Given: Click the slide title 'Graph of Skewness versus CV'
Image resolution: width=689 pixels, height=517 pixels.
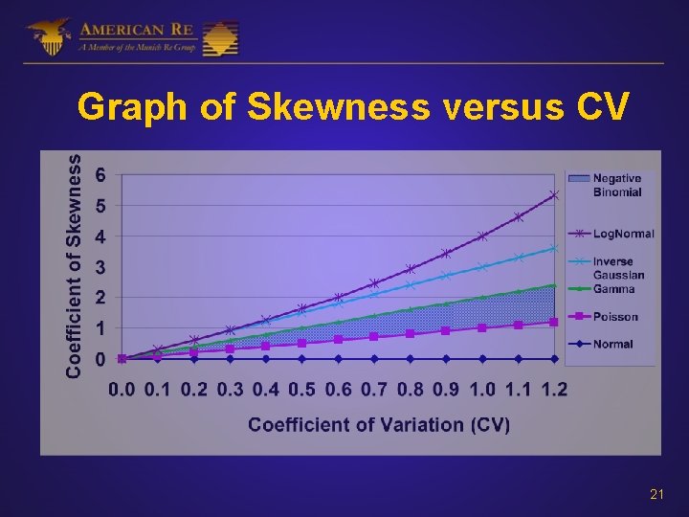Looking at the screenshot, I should pyautogui.click(x=353, y=108).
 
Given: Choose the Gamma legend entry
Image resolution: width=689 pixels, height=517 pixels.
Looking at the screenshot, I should pyautogui.click(x=613, y=288).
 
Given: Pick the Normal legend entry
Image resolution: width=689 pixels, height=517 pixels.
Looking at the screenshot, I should pyautogui.click(x=612, y=345).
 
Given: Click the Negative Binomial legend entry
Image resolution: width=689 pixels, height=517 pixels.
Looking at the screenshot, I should pyautogui.click(x=617, y=185).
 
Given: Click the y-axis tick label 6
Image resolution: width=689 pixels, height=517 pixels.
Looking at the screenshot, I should pyautogui.click(x=101, y=175).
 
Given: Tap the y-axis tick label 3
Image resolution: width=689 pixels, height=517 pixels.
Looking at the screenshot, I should pyautogui.click(x=101, y=267).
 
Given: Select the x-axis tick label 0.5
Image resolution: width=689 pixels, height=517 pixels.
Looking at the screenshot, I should pyautogui.click(x=302, y=390).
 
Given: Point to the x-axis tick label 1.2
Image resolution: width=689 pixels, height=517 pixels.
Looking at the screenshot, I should pyautogui.click(x=554, y=390).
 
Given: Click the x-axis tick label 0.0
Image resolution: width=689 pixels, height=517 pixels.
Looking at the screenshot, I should pyautogui.click(x=122, y=390).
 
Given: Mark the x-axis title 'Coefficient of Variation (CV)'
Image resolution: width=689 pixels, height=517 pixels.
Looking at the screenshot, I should pyautogui.click(x=379, y=424).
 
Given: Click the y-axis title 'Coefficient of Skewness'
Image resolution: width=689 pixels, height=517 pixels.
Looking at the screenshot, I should pyautogui.click(x=74, y=266).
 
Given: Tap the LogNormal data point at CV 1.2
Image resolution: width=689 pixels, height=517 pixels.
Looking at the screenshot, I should pyautogui.click(x=554, y=195).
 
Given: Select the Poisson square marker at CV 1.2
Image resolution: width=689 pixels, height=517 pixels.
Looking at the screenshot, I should pyautogui.click(x=554, y=323).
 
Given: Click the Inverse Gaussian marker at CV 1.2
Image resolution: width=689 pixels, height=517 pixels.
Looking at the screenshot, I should pyautogui.click(x=554, y=248).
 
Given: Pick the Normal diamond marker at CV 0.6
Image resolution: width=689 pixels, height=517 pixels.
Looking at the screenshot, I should pyautogui.click(x=338, y=359).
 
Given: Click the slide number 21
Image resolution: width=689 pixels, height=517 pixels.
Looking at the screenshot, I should pyautogui.click(x=656, y=494).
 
